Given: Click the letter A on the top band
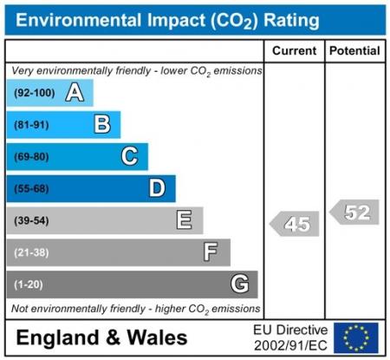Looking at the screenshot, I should pos(75,93).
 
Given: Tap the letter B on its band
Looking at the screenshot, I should pos(102,125).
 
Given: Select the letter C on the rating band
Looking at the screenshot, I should pos(129,156).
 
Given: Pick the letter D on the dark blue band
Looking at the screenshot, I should pos(157,188).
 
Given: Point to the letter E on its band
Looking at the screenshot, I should pos(184,220).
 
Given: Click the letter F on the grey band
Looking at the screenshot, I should pos(211,252).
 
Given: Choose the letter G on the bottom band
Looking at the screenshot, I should pos(239,284).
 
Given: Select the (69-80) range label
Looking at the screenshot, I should pos(31,157).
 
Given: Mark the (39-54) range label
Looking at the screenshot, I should pos(31,220).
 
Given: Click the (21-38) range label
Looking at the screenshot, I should pos(31,252).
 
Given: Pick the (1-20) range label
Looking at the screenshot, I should pos(29,285).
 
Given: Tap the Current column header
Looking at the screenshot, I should pos(294,51).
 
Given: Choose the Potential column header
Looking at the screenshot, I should pos(354,51).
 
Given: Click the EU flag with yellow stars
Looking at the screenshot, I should pos(356,337).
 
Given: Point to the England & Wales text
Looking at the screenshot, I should pos(101,337).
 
